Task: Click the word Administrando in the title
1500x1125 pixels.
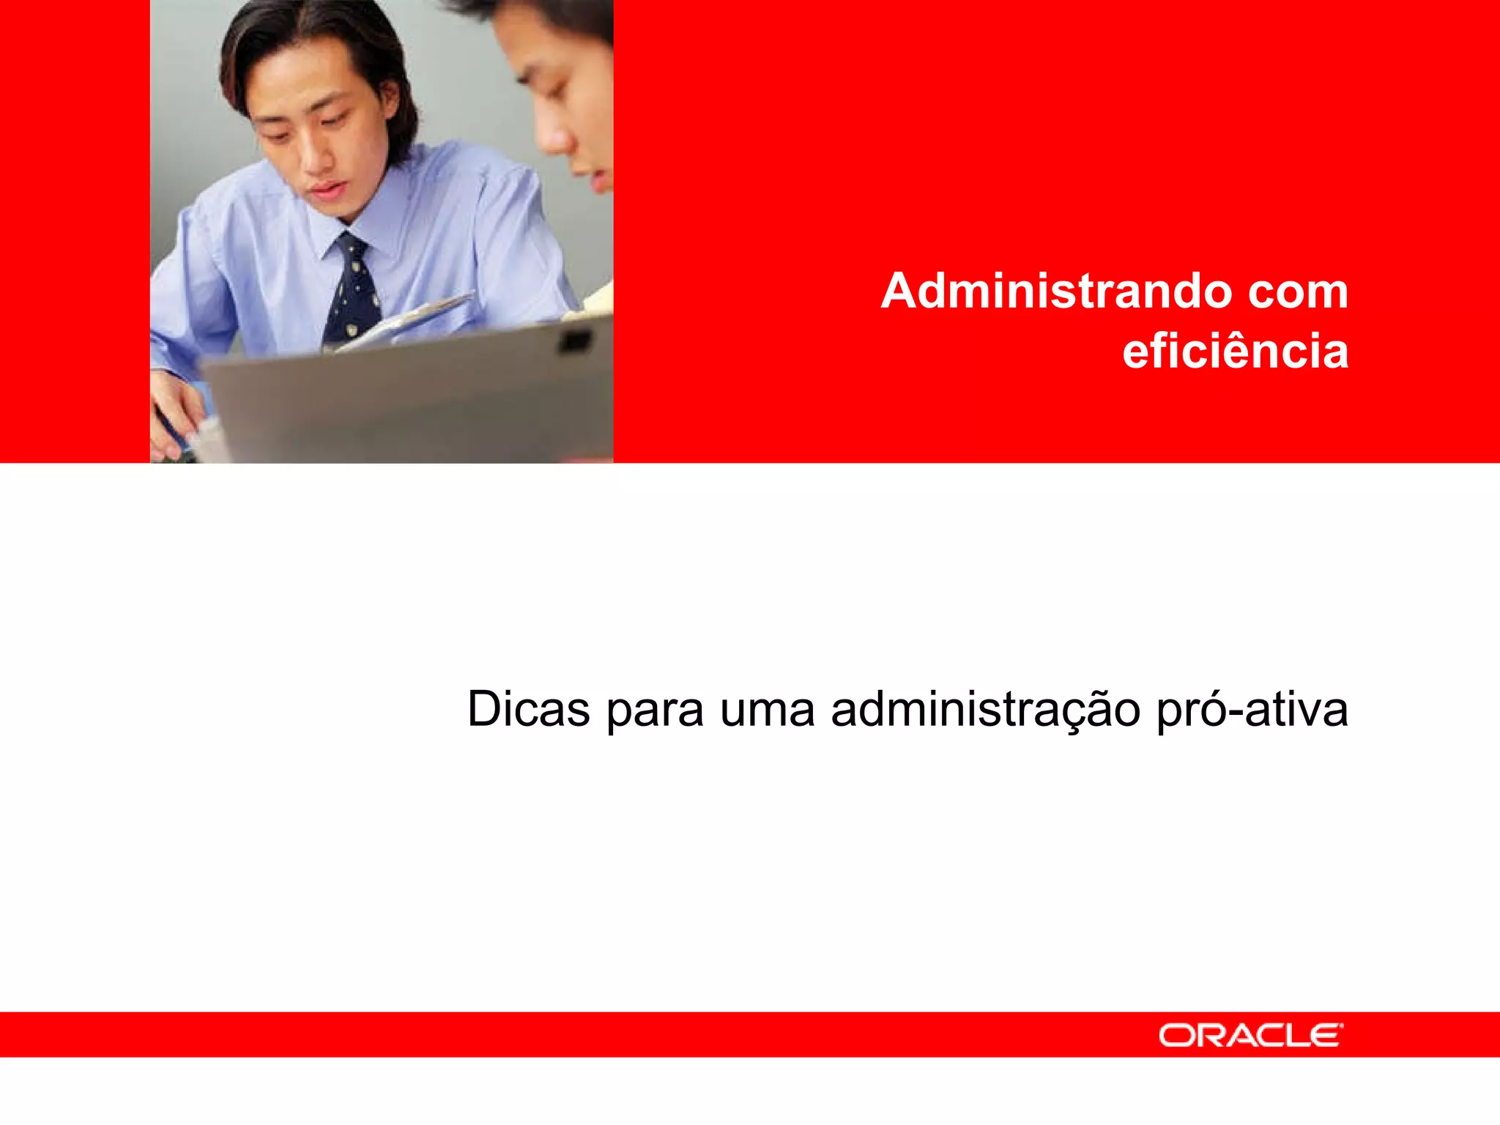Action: (1055, 292)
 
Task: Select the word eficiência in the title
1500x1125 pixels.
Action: (1235, 351)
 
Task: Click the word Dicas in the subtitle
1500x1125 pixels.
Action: (528, 709)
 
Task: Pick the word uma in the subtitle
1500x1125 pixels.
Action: (767, 710)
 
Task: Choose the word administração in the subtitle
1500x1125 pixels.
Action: (985, 710)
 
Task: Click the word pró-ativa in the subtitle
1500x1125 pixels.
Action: (1252, 710)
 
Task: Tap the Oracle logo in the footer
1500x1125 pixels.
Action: (1250, 1035)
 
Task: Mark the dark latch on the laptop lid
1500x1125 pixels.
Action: (575, 341)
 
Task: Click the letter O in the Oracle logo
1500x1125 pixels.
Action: (1176, 1036)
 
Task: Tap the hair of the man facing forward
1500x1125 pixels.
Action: (308, 37)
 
